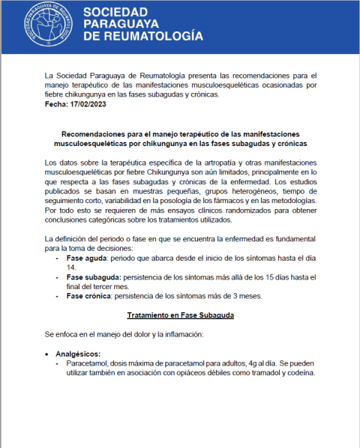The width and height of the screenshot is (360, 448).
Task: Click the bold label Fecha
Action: [x=57, y=104]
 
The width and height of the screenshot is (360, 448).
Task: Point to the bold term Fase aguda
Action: [x=88, y=257]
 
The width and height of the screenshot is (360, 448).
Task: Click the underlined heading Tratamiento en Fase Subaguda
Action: [x=180, y=315]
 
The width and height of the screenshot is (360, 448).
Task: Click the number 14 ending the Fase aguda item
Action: [x=72, y=267]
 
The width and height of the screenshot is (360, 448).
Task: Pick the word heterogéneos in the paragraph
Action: [x=238, y=190]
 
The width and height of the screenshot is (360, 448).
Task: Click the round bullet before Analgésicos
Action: [x=49, y=353]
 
